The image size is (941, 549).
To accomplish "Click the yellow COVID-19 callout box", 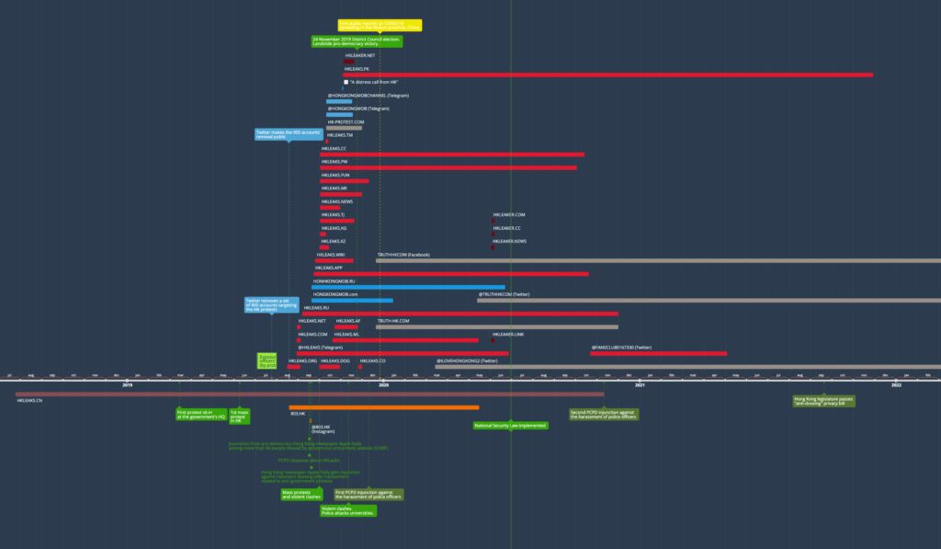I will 380,25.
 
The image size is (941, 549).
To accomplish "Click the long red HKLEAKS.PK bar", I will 607,74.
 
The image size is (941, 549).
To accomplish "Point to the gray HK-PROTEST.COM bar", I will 344,128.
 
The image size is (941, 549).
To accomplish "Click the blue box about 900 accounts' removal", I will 288,134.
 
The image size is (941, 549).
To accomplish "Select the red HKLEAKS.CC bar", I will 451,154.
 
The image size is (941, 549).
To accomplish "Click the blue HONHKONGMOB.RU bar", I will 408,287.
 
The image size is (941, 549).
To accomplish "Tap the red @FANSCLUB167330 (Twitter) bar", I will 658,353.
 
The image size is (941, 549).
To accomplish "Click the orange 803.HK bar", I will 383,407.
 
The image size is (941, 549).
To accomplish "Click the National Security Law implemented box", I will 510,426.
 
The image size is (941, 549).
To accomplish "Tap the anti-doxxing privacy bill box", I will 823,401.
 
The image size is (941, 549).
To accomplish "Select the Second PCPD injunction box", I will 603,414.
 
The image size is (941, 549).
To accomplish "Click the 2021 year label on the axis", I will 639,384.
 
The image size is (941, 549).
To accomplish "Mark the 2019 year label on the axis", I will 128,384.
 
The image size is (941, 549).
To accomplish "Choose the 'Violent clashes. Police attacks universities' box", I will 347,510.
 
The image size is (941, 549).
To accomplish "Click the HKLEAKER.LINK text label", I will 508,335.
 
